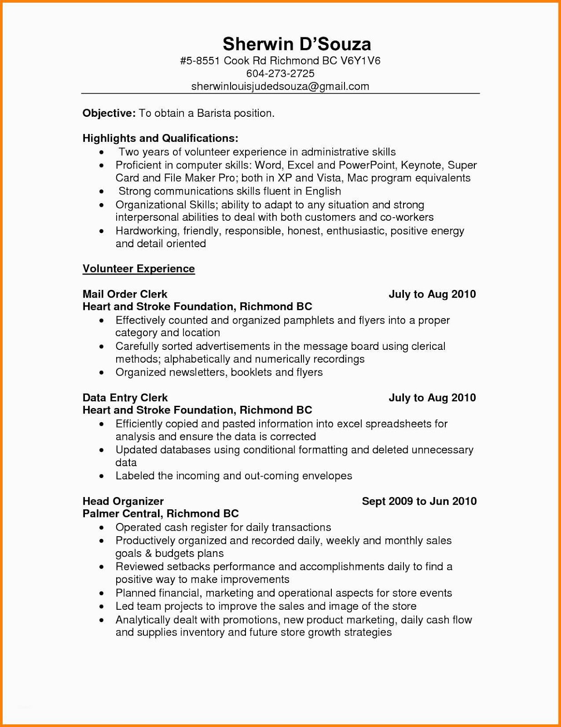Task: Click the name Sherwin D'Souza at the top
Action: tap(297, 44)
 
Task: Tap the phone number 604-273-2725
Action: tap(280, 73)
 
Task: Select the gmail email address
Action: tap(280, 86)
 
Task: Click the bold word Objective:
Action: tap(109, 113)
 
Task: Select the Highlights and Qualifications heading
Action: tap(160, 138)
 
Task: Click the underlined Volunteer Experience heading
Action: tap(138, 269)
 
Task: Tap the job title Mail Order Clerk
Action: tap(125, 294)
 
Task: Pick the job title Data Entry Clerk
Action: tap(125, 398)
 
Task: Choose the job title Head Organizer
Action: tap(123, 501)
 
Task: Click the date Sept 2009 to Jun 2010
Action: tap(419, 501)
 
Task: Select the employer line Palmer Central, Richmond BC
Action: tap(161, 514)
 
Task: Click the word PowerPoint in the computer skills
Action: tap(367, 165)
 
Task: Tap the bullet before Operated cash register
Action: tap(103, 528)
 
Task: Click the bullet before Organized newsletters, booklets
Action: tap(103, 373)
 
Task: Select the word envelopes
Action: tap(327, 476)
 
